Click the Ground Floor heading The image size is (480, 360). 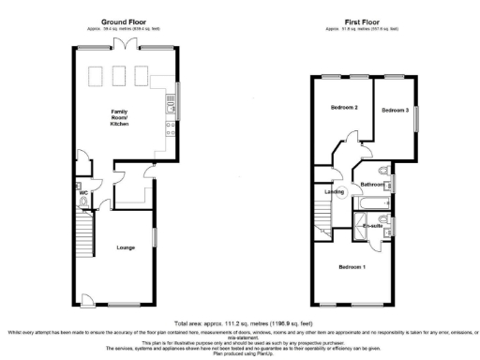pyautogui.click(x=122, y=20)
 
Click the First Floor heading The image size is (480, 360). pyautogui.click(x=360, y=20)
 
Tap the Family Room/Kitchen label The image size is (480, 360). pyautogui.click(x=120, y=118)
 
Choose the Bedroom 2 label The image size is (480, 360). pyautogui.click(x=344, y=108)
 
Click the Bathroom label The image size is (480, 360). pyautogui.click(x=373, y=185)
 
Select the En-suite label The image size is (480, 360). pyautogui.click(x=373, y=226)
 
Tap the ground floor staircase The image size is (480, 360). pyautogui.click(x=85, y=225)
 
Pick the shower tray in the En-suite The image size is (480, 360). pyautogui.click(x=358, y=226)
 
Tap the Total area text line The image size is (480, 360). pyautogui.click(x=240, y=319)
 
